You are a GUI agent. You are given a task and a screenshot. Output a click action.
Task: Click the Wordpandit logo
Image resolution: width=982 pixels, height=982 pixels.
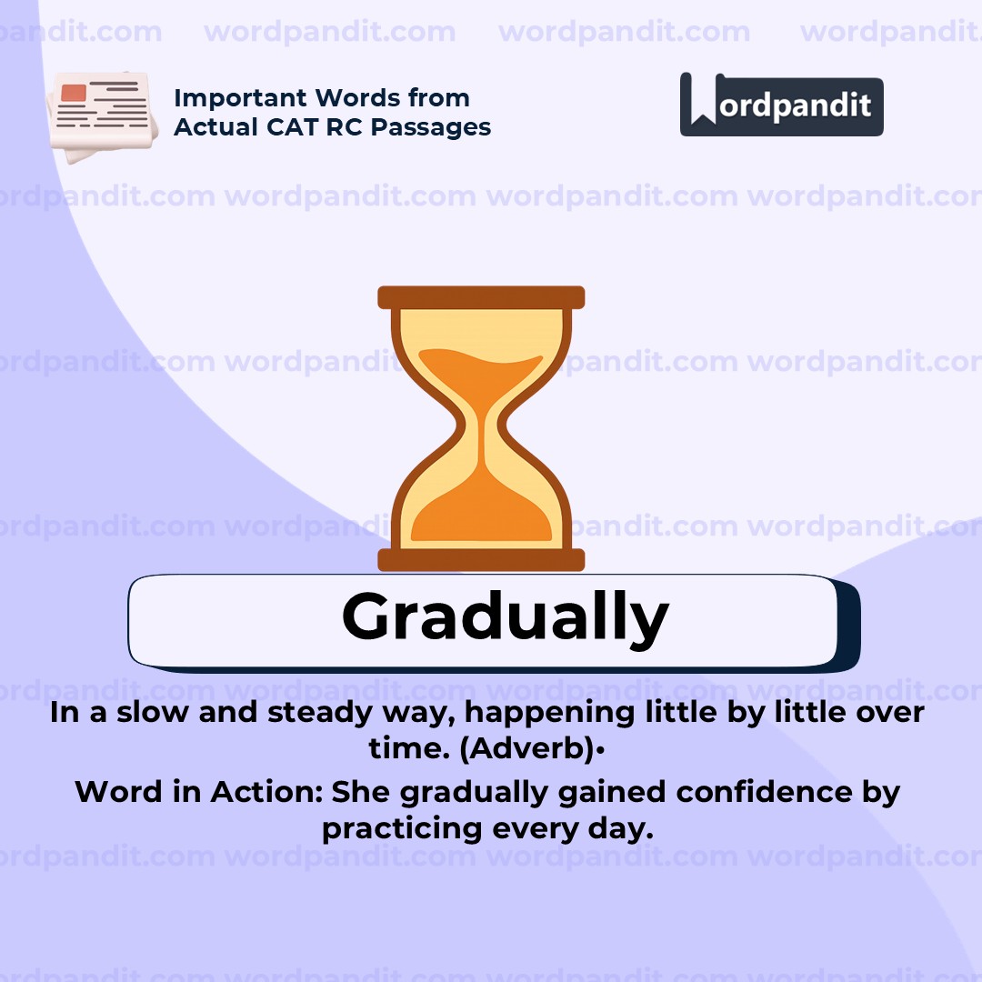[781, 105]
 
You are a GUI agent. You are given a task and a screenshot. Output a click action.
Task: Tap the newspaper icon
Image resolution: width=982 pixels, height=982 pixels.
[98, 115]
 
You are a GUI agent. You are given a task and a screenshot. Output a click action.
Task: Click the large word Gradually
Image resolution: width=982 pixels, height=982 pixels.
[505, 618]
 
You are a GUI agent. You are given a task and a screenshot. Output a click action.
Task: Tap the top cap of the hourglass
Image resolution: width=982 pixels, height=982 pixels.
[481, 297]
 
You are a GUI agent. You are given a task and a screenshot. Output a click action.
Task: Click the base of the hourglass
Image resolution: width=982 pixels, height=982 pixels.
[481, 559]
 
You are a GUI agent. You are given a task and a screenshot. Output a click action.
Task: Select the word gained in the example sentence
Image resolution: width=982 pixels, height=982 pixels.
[600, 792]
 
